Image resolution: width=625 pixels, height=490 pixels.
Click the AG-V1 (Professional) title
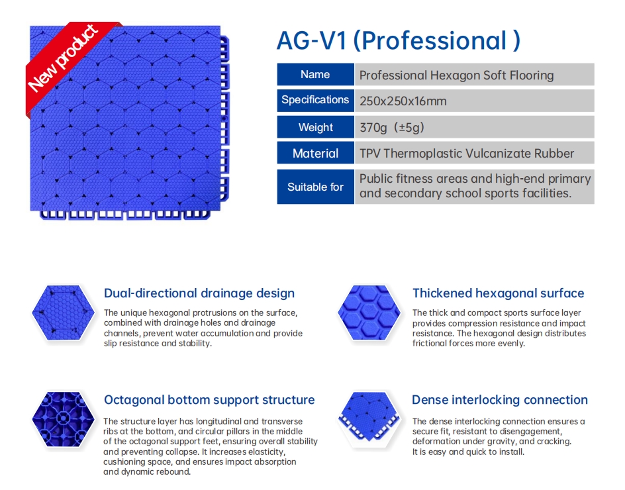[399, 40]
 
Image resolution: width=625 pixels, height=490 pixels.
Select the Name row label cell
[315, 74]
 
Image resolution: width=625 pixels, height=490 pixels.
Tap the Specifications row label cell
[315, 100]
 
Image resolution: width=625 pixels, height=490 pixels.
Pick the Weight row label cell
[315, 127]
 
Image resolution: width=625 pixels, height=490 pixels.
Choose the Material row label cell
[315, 153]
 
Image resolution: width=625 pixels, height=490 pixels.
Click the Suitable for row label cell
[315, 187]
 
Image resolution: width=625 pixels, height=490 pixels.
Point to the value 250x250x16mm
[403, 101]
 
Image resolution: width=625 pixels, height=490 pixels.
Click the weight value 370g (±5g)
[392, 128]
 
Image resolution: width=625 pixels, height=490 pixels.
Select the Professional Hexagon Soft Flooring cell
[474, 74]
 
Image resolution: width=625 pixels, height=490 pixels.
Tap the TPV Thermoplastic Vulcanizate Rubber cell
[474, 153]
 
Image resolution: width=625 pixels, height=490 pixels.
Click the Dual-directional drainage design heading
[199, 293]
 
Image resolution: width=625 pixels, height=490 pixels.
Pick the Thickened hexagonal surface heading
[499, 293]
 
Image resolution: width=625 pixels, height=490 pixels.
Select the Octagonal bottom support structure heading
[209, 400]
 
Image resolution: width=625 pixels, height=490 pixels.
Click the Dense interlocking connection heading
[500, 400]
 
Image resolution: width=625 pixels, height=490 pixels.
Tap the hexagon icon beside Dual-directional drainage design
[63, 313]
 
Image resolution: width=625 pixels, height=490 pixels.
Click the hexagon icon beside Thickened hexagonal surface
[369, 313]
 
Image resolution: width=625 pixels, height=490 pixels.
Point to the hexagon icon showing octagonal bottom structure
[63, 419]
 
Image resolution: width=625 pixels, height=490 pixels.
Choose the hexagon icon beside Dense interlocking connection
[369, 417]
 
